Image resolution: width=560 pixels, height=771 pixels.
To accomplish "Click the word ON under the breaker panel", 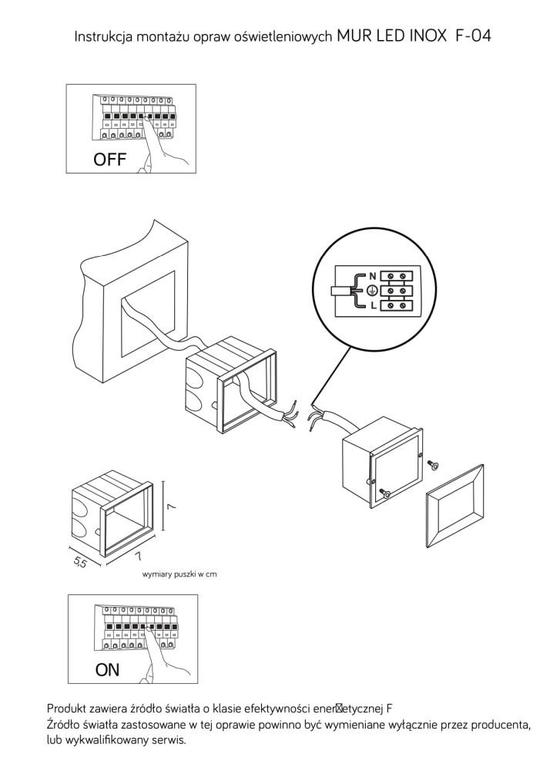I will (107, 669).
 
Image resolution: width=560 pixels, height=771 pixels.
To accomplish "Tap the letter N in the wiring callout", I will (373, 276).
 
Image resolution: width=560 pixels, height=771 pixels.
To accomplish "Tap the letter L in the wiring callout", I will (373, 305).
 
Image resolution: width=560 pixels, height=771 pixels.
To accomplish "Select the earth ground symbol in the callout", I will (371, 291).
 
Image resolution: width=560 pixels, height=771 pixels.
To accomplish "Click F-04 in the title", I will (473, 35).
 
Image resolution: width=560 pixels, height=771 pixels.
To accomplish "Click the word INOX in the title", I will (426, 35).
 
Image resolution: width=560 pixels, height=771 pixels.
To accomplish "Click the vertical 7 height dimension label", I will (173, 506).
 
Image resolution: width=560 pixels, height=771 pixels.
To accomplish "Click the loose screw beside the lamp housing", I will (433, 464).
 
